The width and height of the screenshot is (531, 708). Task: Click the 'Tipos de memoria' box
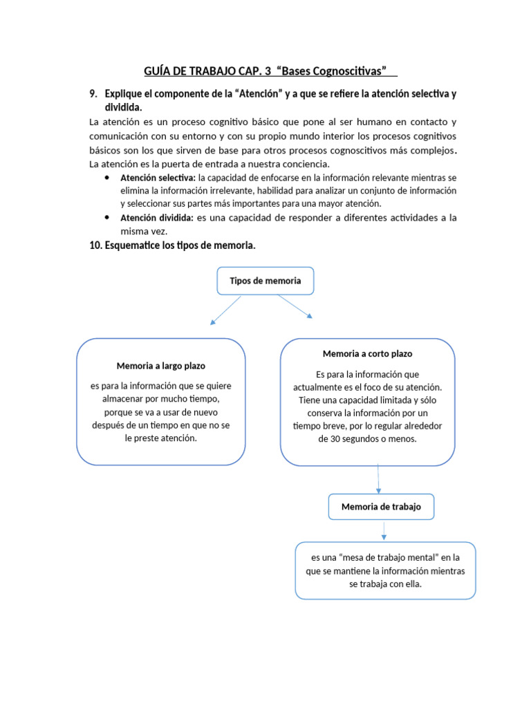pos(265,281)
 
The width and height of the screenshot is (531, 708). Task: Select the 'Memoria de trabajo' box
pos(381,507)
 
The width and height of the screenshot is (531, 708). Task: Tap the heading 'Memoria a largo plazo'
pos(161,365)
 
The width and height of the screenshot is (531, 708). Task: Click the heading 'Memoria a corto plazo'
pos(367,353)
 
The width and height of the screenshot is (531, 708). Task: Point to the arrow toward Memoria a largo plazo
pos(225,310)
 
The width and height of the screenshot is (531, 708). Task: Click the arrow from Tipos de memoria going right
pos(295,306)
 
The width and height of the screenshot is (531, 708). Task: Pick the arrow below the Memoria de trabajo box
pos(384,530)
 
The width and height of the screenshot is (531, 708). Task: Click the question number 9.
pos(94,93)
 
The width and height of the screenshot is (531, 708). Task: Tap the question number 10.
pos(97,245)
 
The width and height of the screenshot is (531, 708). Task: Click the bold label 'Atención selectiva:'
pos(158,177)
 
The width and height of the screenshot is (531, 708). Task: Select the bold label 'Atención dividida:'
pos(157,218)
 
